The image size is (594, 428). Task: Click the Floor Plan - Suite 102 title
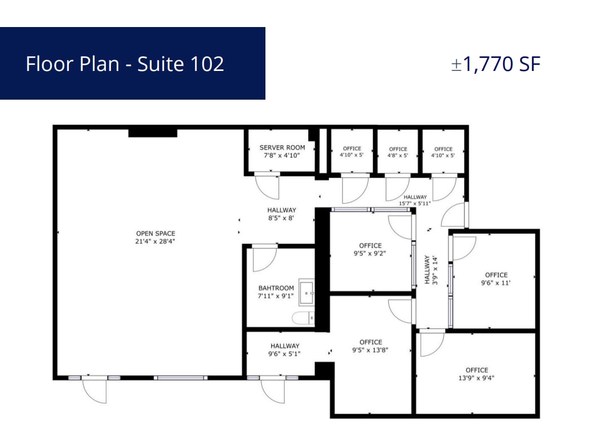125,64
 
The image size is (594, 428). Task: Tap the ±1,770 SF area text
495,64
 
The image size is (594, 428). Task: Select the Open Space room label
156,237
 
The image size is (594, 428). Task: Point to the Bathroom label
276,292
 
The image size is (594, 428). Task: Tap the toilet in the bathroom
302,318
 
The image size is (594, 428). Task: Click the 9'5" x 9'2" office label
370,249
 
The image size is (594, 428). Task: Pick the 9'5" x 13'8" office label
370,346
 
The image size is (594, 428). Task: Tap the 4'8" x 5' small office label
398,152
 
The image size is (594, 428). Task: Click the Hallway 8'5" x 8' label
281,214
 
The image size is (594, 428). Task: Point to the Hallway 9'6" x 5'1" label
285,350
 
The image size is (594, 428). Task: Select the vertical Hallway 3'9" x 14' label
431,270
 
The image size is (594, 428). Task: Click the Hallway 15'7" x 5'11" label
415,200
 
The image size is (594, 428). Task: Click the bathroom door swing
264,258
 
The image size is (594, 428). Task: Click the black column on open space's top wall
153,133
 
